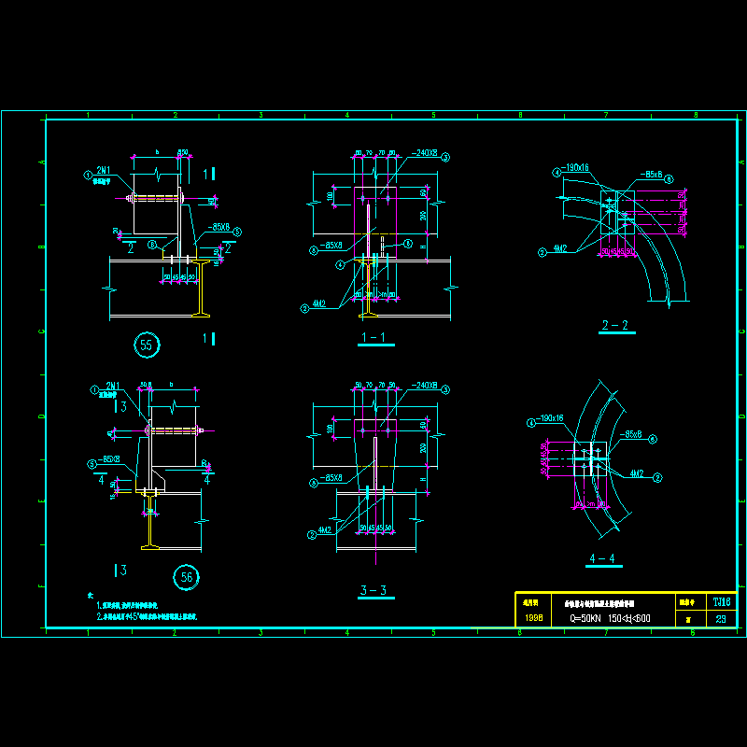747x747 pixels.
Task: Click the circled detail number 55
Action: point(147,345)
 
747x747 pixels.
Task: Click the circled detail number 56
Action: point(187,578)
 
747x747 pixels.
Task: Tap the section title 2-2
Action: point(615,325)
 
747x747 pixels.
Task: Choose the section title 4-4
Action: point(603,558)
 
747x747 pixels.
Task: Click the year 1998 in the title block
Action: point(533,618)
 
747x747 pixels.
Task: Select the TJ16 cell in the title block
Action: point(721,602)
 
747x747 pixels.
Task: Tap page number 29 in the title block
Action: point(721,618)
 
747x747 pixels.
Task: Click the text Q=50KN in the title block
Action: point(587,618)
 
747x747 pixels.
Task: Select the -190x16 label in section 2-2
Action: point(575,168)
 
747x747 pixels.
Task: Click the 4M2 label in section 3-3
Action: point(325,530)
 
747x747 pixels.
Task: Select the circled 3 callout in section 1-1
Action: point(446,157)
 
